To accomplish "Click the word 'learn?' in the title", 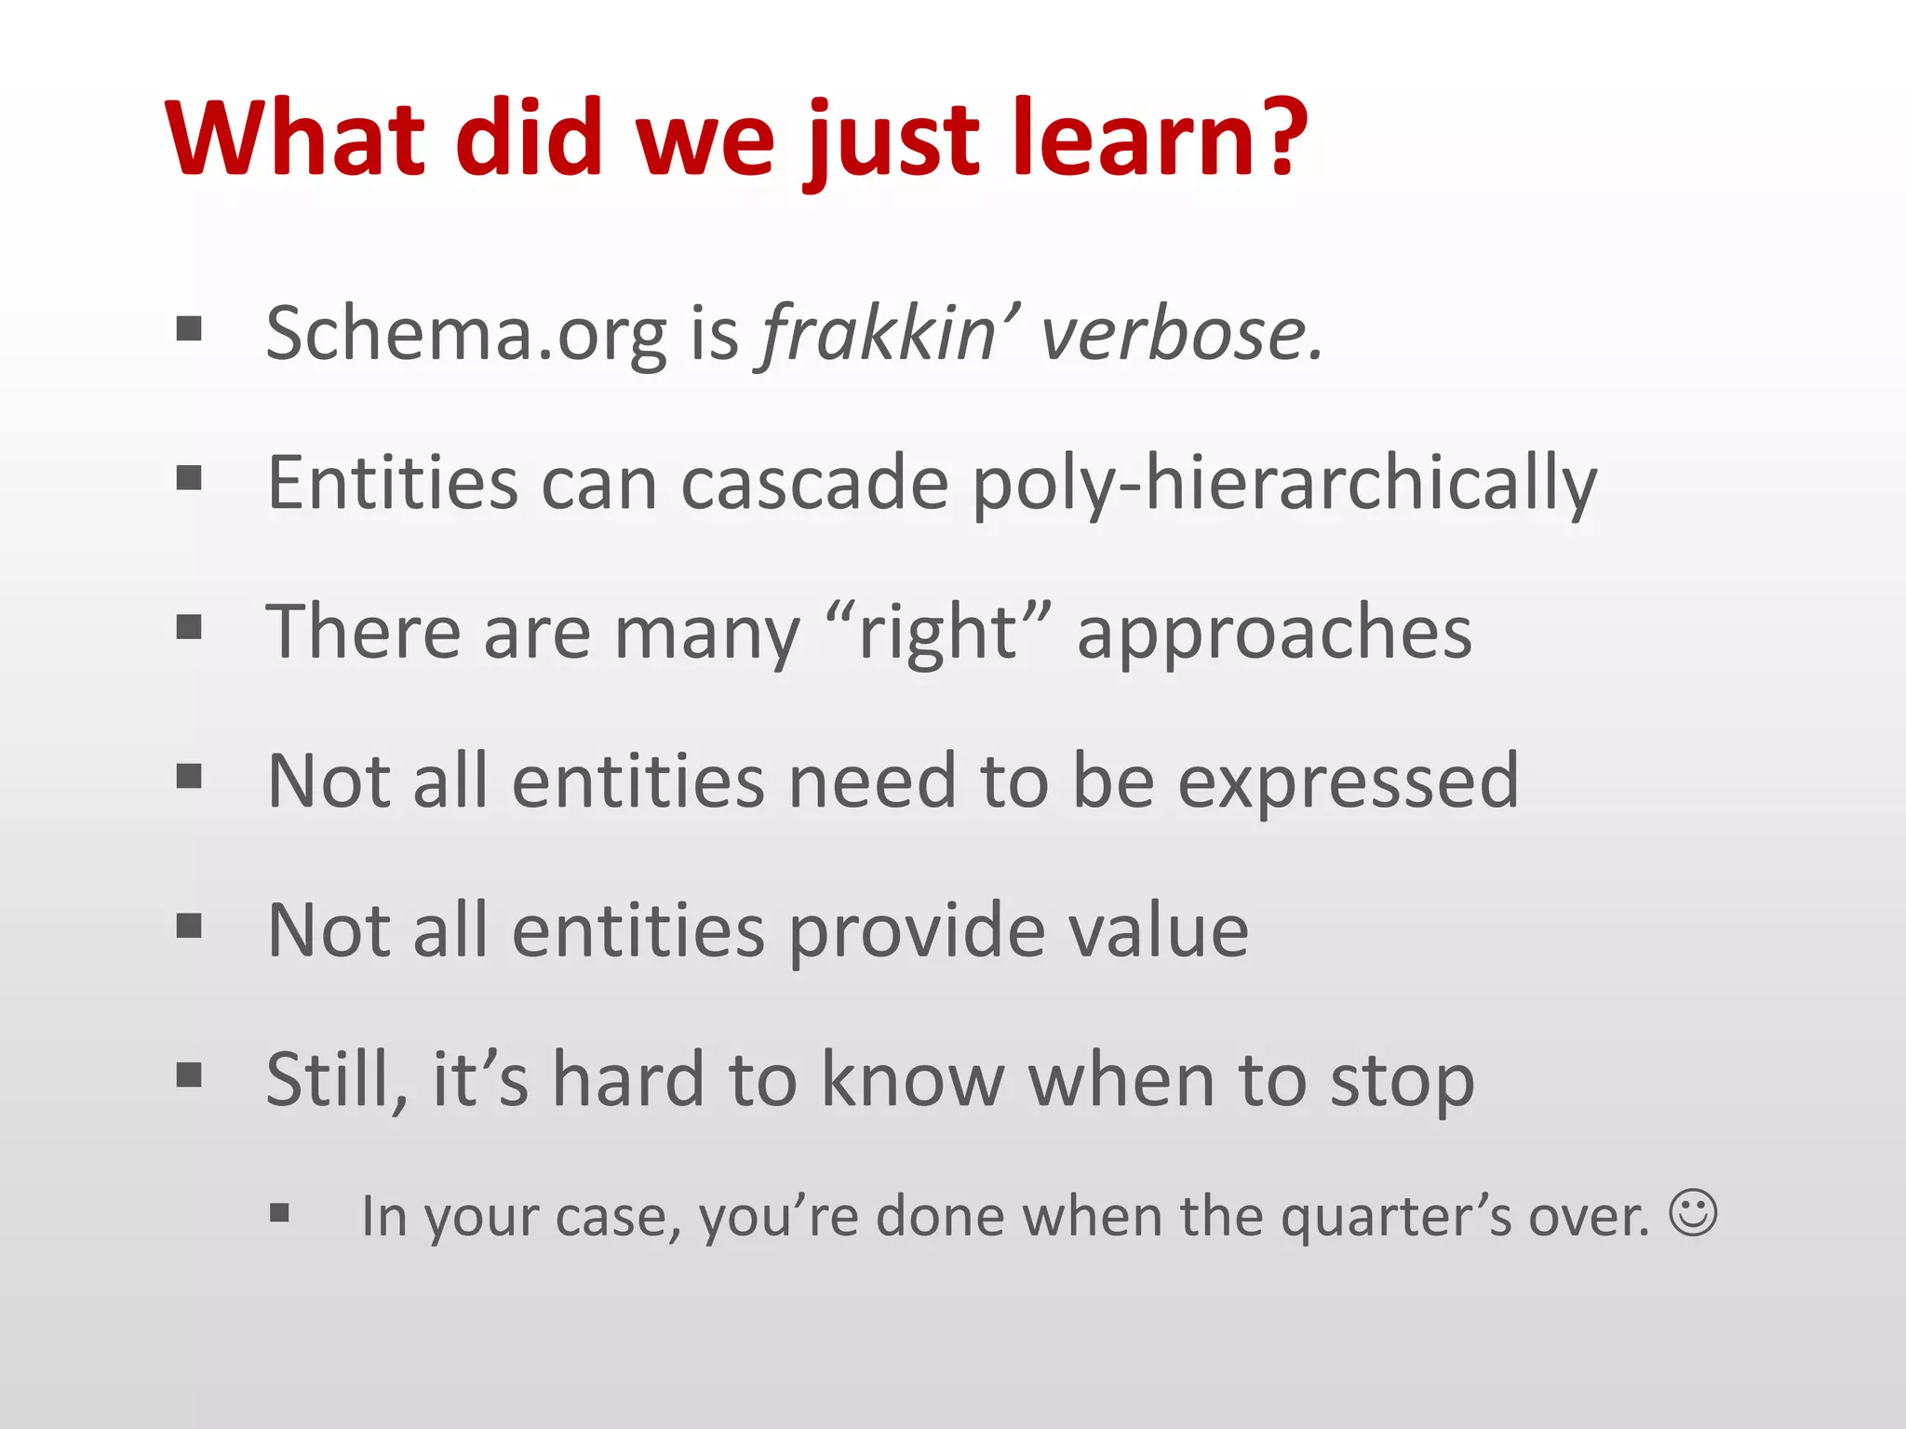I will click(1159, 140).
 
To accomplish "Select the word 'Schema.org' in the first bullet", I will click(466, 335).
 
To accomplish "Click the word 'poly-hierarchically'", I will click(1284, 484).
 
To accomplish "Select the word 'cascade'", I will click(814, 484).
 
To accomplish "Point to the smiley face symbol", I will click(1693, 1212).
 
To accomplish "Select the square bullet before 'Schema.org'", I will click(189, 328).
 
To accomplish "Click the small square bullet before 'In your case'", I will click(280, 1213).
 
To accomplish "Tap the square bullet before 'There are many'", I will click(189, 627).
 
